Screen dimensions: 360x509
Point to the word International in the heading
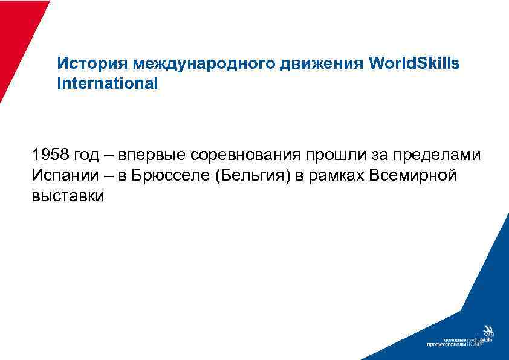click(x=107, y=83)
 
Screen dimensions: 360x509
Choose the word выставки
click(x=68, y=195)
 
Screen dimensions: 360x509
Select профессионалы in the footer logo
click(x=446, y=345)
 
